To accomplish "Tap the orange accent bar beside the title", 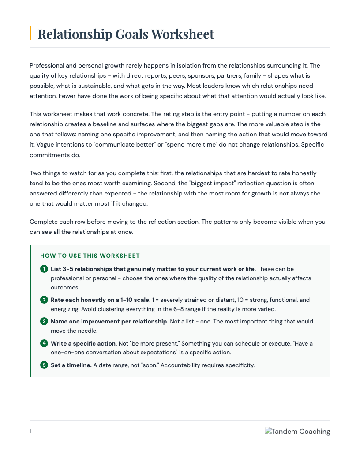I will [30, 33].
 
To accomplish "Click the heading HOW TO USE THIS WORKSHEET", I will [90, 256].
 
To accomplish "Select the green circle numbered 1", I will [44, 269].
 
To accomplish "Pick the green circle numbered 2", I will [44, 300].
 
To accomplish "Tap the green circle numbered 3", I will [44, 321].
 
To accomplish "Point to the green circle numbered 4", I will [44, 343].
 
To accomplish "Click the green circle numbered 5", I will [44, 365].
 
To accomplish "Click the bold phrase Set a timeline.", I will [71, 365].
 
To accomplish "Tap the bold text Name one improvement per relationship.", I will [109, 321].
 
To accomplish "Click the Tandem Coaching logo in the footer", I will [297, 431].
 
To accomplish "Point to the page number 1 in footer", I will [30, 431].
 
